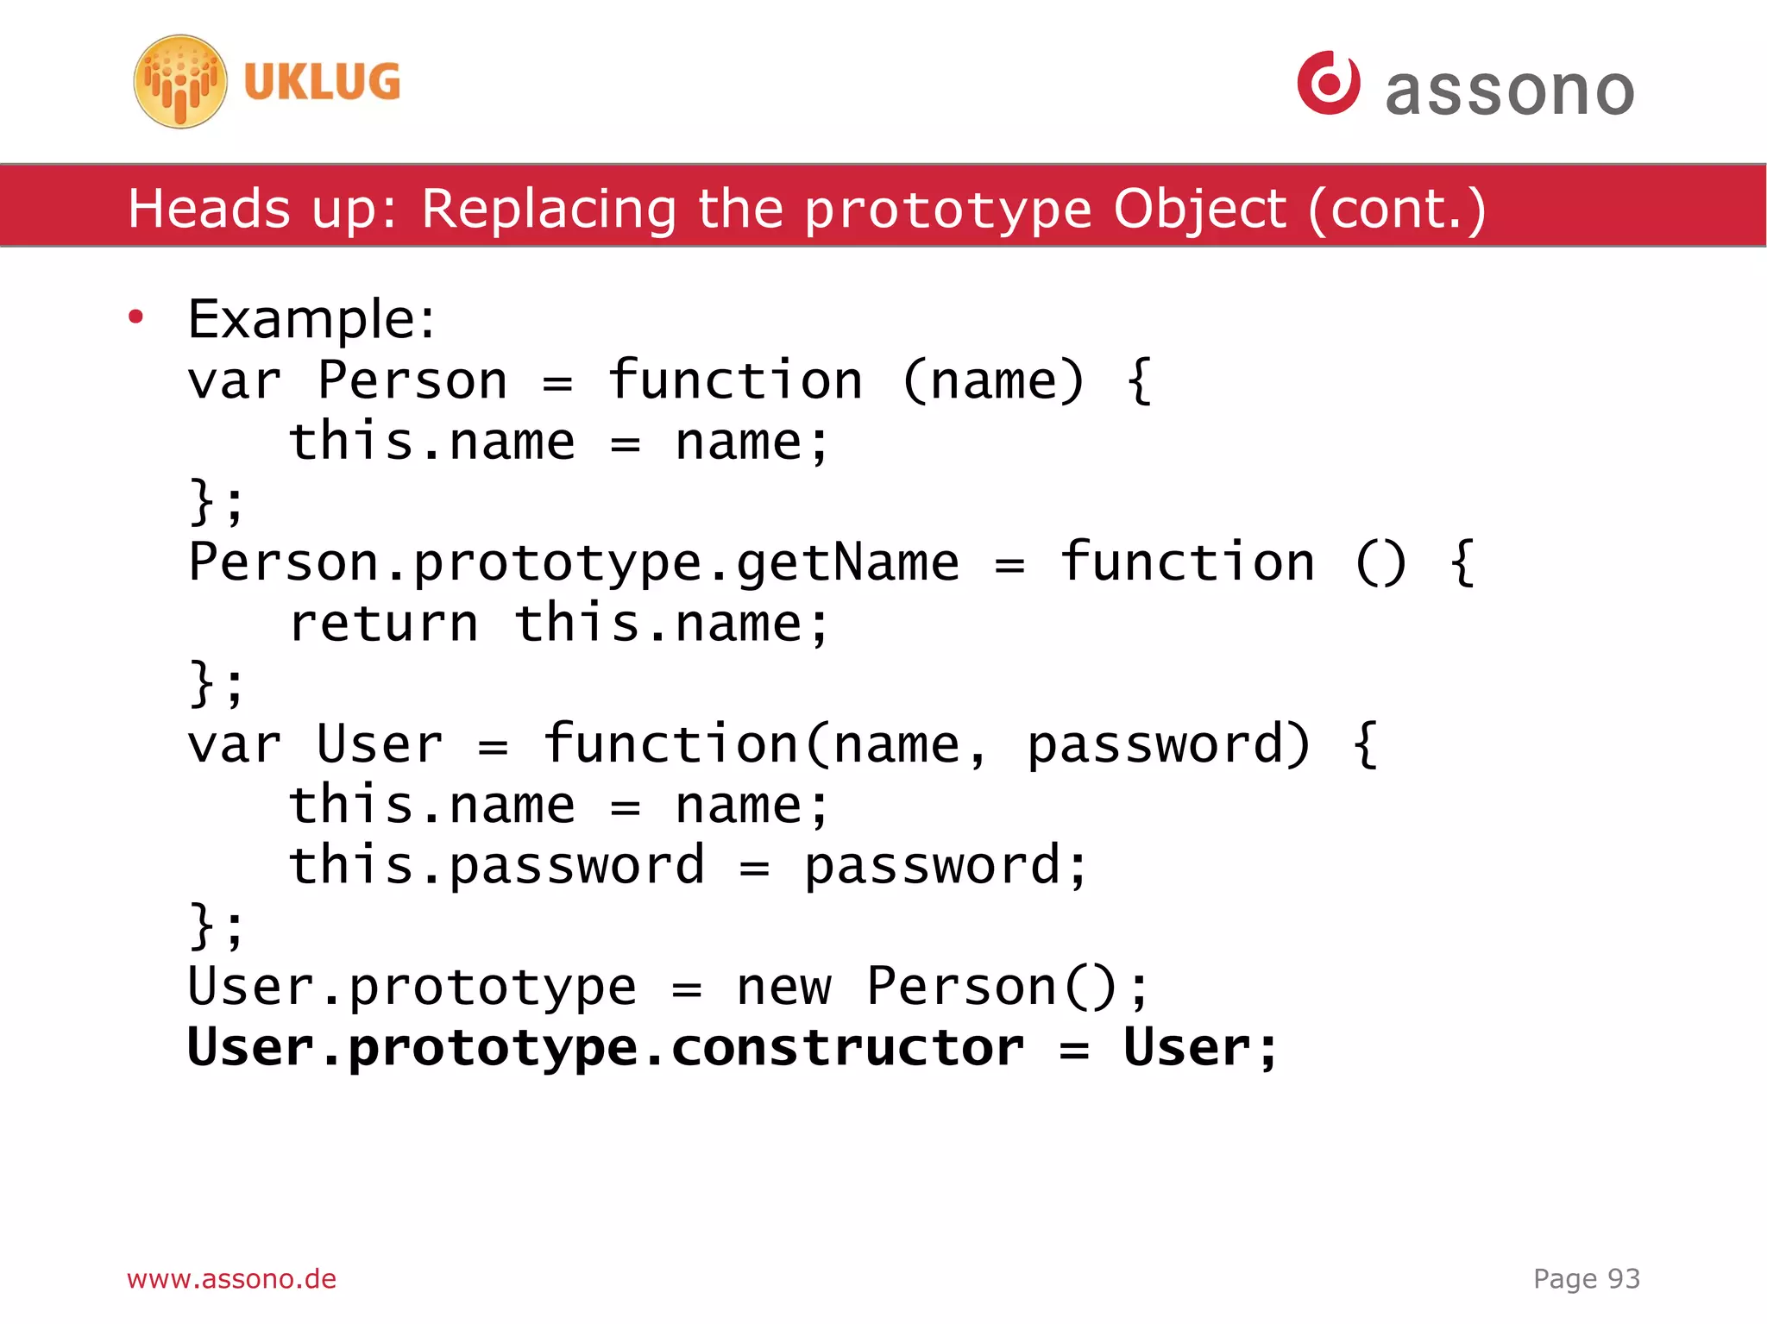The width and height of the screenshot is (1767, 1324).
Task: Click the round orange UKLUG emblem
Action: point(180,82)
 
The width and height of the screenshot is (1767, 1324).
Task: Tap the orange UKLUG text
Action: point(322,82)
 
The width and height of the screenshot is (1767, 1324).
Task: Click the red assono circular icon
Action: point(1328,83)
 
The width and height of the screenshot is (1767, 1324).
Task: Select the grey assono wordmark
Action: point(1509,91)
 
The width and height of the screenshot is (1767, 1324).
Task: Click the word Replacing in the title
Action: point(549,209)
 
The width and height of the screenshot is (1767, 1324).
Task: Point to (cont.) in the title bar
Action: point(1397,209)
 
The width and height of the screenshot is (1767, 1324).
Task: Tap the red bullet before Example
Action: point(135,317)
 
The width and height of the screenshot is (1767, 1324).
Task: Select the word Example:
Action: point(311,319)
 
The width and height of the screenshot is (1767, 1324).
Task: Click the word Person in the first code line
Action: point(412,380)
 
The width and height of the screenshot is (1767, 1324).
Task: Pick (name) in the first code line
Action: point(992,380)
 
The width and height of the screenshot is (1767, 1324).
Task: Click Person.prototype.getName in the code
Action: point(574,563)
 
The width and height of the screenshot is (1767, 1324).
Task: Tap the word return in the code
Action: point(384,624)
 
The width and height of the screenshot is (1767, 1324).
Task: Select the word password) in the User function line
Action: point(1168,745)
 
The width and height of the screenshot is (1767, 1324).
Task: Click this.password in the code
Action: point(496,867)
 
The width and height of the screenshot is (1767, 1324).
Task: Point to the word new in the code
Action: point(783,988)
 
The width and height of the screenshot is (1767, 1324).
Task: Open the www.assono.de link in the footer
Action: point(231,1278)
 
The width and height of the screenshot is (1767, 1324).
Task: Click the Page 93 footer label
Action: point(1586,1278)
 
